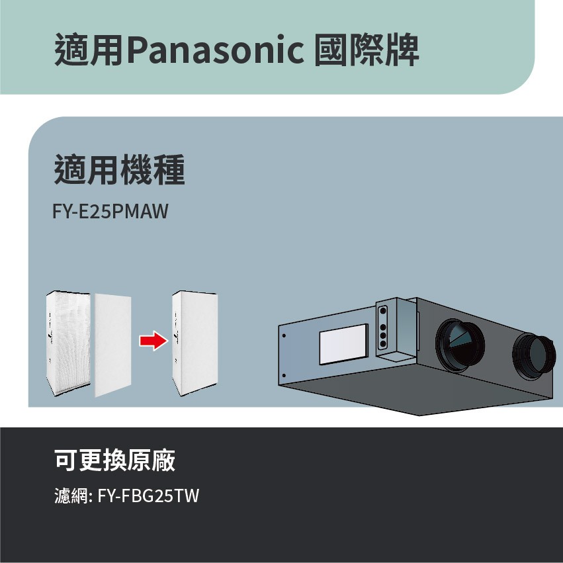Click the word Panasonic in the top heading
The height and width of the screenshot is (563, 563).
coord(214,52)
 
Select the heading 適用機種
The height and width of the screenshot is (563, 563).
coord(119,170)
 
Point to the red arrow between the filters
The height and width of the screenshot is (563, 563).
coord(152,341)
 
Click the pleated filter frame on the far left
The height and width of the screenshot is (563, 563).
coord(69,343)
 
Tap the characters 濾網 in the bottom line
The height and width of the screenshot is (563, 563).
coord(70,496)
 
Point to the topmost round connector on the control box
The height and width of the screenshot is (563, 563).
coord(382,311)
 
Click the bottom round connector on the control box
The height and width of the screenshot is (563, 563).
coord(382,344)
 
